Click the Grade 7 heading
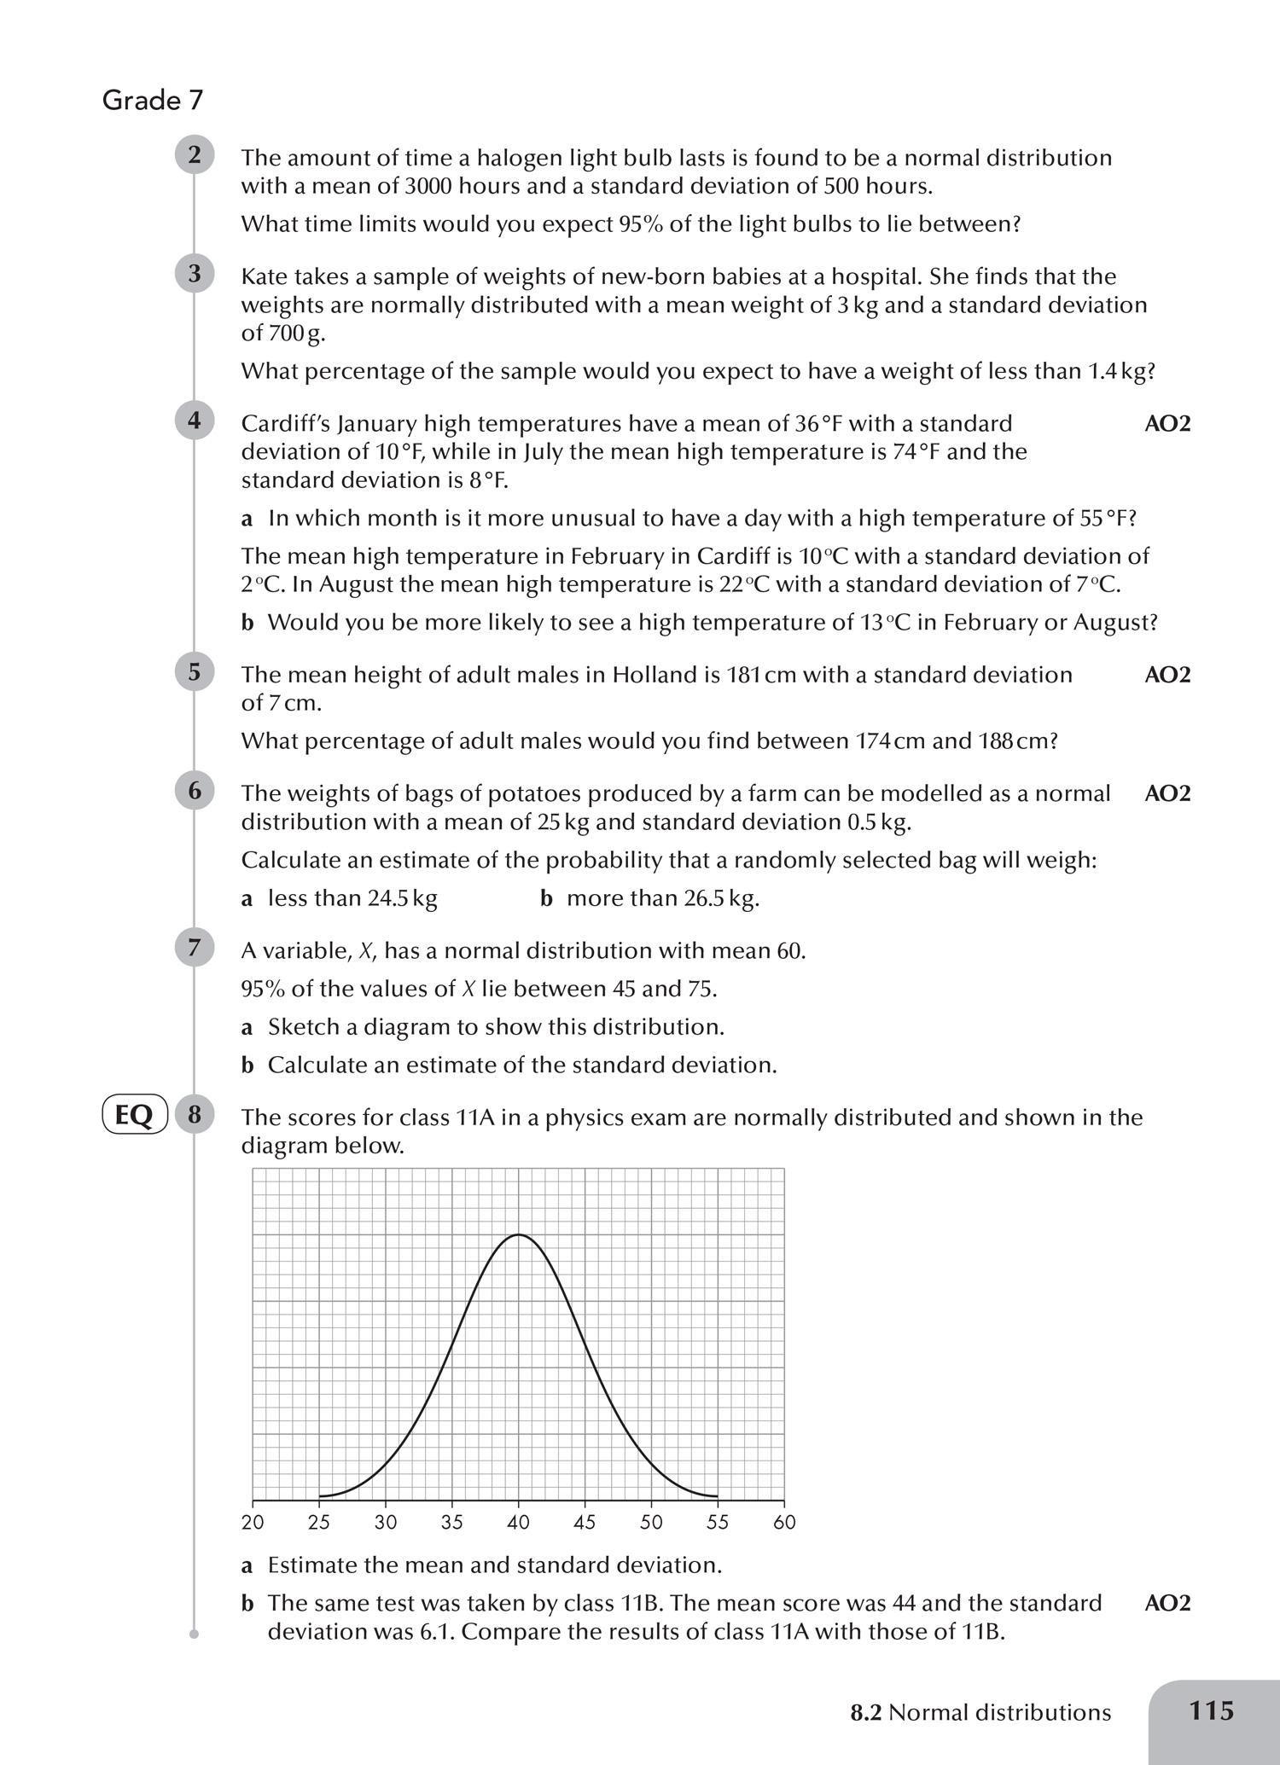click(153, 101)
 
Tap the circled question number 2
click(195, 155)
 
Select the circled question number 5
click(195, 672)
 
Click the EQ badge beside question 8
click(134, 1115)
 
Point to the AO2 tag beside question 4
click(1167, 424)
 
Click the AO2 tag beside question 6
click(1167, 793)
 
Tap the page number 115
click(1211, 1710)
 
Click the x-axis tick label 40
click(518, 1523)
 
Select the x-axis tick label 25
click(319, 1523)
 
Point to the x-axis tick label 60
click(784, 1523)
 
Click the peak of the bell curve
click(518, 1234)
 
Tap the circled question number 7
click(195, 948)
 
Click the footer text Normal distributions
click(999, 1713)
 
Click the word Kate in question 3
click(265, 276)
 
